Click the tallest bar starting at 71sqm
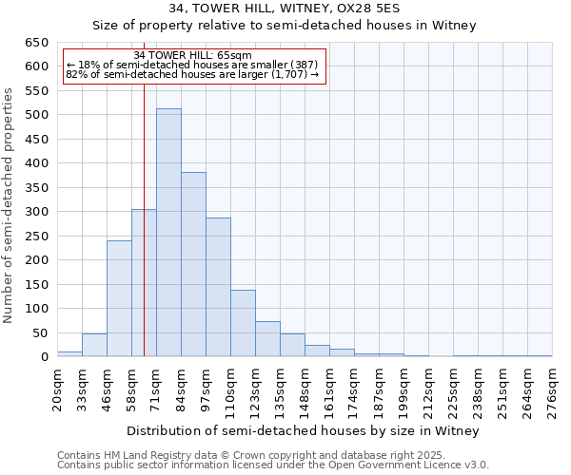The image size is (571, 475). tap(168, 233)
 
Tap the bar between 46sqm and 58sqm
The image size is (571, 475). tap(119, 298)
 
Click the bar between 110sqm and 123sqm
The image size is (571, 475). tap(243, 323)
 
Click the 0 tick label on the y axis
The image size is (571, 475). tap(44, 357)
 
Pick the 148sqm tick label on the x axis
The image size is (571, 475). tap(305, 389)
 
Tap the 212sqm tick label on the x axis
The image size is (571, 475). tap(428, 389)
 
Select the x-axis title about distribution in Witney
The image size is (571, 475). tap(305, 430)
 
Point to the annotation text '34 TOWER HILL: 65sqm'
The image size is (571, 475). tap(193, 56)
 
